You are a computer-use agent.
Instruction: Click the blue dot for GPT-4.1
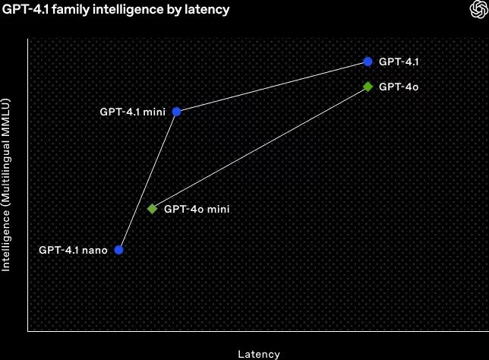[368, 62]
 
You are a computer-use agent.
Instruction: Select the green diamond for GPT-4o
[368, 87]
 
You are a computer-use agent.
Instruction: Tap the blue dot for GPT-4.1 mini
[176, 112]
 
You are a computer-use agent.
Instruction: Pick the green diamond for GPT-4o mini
[152, 209]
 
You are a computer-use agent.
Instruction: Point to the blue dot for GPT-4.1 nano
[118, 250]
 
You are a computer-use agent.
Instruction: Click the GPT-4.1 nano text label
[74, 250]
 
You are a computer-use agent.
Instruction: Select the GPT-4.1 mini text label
[133, 112]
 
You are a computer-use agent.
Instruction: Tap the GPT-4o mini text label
[197, 209]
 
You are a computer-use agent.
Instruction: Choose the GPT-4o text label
[399, 87]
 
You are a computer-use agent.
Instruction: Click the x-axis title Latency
[259, 354]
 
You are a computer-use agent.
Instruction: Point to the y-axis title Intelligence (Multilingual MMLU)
[5, 185]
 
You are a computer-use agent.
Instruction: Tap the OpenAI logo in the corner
[478, 9]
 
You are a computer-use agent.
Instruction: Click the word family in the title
[71, 9]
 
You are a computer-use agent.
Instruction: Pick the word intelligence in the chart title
[128, 9]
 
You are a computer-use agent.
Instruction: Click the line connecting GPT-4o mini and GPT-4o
[260, 147]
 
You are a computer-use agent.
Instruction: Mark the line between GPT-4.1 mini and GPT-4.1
[273, 87]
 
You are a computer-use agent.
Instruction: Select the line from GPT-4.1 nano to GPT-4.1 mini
[147, 181]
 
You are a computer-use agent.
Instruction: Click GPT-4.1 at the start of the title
[26, 9]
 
